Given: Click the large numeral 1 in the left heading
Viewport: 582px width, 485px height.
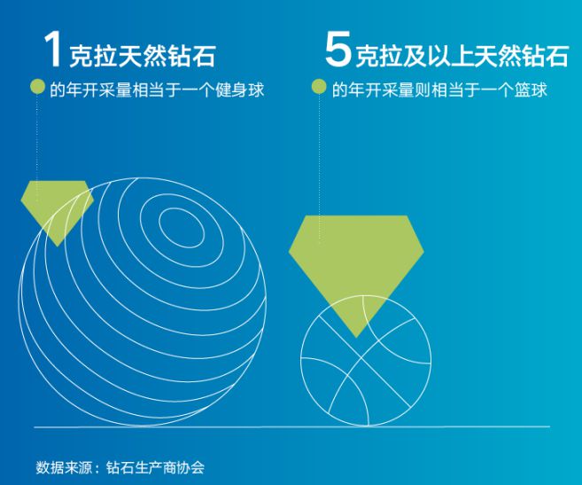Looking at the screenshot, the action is tap(52, 50).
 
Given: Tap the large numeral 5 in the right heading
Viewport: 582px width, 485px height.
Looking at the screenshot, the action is tap(338, 50).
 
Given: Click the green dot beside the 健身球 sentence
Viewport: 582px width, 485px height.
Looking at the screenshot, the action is tap(37, 87).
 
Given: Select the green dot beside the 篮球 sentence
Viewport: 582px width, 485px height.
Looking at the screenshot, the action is tap(319, 87).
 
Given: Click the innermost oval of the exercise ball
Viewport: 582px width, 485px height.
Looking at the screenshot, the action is tap(182, 227).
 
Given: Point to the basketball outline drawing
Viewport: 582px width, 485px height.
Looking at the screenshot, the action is tap(366, 361).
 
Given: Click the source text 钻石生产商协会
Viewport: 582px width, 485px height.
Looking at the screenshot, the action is tap(155, 467).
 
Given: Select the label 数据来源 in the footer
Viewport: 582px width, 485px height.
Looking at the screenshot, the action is tap(64, 467).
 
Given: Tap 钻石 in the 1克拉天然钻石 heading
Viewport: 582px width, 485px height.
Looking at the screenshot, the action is tap(191, 57).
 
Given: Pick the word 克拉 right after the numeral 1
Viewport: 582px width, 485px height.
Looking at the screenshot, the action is tap(93, 57).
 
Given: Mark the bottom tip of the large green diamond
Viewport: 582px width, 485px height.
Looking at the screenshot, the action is tap(356, 338).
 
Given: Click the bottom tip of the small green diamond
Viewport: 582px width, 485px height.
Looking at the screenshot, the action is tap(58, 246).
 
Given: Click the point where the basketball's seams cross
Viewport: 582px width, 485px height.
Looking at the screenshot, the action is tap(361, 358).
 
